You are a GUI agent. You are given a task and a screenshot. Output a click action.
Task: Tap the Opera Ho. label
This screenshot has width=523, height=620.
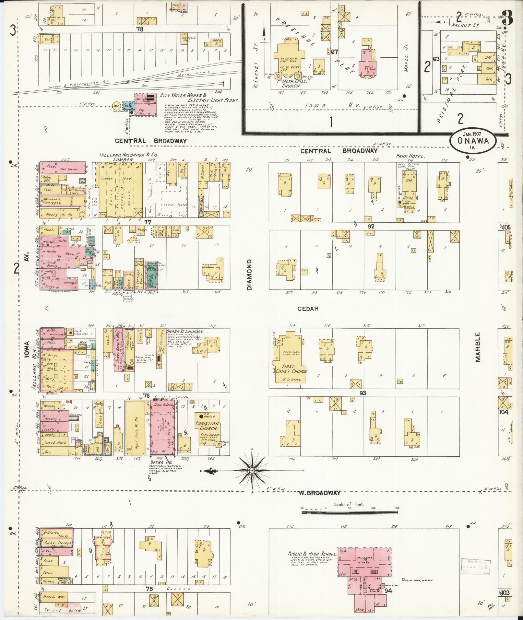click(x=160, y=462)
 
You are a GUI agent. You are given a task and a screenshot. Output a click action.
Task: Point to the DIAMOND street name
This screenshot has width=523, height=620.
click(x=249, y=275)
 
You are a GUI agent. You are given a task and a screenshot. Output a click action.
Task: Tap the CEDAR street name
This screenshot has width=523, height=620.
click(x=308, y=309)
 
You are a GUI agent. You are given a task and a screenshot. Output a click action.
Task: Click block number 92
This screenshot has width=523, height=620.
click(x=371, y=226)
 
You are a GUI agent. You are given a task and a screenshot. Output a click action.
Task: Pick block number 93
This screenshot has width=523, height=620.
click(x=363, y=393)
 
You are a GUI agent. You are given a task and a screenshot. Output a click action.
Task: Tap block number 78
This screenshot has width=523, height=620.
click(x=140, y=29)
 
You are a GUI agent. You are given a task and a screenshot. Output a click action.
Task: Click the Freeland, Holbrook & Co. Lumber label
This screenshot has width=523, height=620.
click(x=128, y=158)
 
